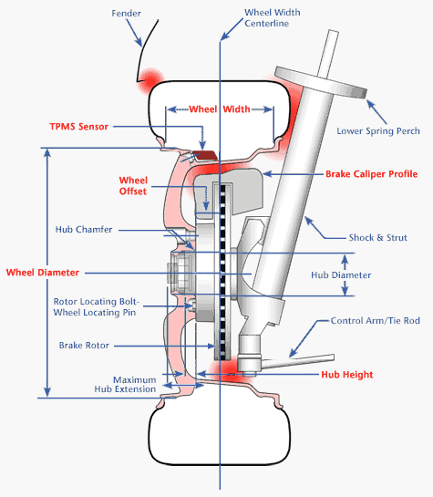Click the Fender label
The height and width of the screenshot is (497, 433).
click(126, 14)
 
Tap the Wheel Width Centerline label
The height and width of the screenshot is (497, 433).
click(272, 17)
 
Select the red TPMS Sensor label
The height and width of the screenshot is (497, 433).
click(79, 127)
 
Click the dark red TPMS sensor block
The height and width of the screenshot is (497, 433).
click(205, 155)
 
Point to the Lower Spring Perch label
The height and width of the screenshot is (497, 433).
click(378, 131)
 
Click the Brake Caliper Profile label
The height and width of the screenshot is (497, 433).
click(372, 174)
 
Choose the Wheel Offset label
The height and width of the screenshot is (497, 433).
click(133, 186)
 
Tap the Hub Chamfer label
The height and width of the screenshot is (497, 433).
click(84, 229)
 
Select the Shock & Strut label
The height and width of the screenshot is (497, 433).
click(378, 237)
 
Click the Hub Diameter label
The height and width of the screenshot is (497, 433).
click(341, 274)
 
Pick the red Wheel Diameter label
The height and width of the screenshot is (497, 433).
click(43, 273)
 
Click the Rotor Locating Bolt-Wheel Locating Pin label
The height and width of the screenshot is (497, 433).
click(96, 306)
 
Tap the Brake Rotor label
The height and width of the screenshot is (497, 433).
click(84, 346)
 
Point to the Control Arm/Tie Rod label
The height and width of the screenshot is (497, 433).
click(376, 321)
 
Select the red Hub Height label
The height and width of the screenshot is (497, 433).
click(347, 375)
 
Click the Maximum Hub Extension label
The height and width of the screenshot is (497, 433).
click(125, 385)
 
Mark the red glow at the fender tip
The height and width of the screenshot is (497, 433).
click(151, 80)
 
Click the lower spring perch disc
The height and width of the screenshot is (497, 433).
click(321, 82)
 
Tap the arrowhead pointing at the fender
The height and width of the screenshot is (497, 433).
click(139, 42)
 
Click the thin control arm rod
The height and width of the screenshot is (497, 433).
click(298, 362)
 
